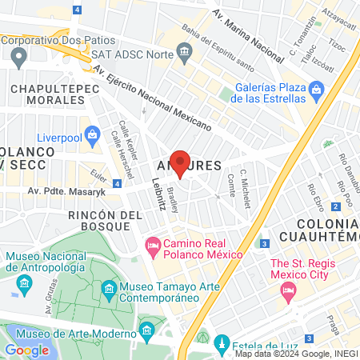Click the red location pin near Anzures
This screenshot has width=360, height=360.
pyautogui.click(x=180, y=162)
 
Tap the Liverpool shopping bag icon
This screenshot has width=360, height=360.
pyautogui.click(x=94, y=133)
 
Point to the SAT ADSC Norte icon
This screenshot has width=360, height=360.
pyautogui.click(x=185, y=53)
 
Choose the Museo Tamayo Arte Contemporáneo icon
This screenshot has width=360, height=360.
pyautogui.click(x=109, y=287)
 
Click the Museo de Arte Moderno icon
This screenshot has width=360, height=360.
pyautogui.click(x=146, y=330)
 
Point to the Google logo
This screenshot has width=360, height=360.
pyautogui.click(x=26, y=350)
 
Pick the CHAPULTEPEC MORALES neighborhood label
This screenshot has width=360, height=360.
pyautogui.click(x=45, y=93)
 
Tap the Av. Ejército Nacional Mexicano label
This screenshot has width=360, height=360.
pyautogui.click(x=152, y=99)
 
